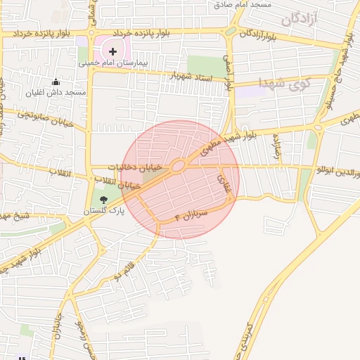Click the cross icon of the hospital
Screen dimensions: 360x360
click(112, 51)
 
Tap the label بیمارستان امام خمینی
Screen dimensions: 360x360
click(113, 63)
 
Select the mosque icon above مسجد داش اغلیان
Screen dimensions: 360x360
click(56, 82)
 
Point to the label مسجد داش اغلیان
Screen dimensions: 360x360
click(56, 93)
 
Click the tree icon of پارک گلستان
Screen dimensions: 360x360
click(103, 200)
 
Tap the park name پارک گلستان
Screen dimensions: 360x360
click(103, 211)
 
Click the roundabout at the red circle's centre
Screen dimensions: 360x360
click(179, 166)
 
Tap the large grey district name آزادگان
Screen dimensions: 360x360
click(299, 20)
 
